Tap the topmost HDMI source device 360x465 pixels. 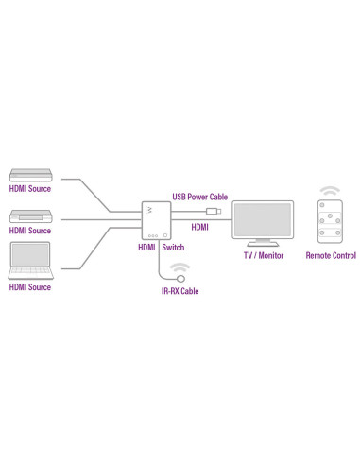30,175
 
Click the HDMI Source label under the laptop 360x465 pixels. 30,286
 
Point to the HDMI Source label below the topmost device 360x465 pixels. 30,188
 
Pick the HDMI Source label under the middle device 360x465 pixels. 30,232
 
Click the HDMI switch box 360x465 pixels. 152,219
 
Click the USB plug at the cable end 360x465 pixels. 217,209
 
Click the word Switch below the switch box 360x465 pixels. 174,247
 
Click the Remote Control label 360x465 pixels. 331,255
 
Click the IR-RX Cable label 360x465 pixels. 180,291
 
